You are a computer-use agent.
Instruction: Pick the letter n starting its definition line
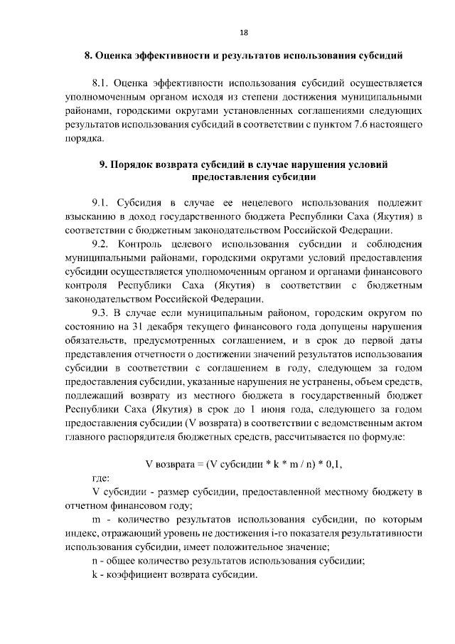(95, 561)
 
